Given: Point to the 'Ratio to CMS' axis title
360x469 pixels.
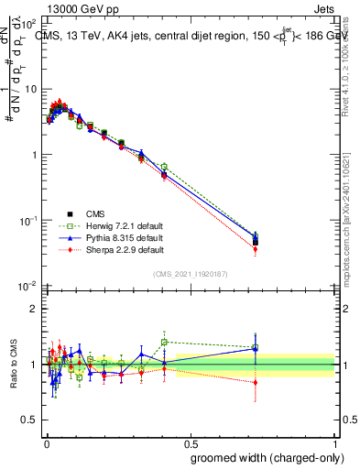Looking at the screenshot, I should [13, 366].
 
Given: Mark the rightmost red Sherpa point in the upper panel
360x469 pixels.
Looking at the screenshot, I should [256, 249].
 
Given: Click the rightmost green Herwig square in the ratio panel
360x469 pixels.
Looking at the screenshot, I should [256, 348].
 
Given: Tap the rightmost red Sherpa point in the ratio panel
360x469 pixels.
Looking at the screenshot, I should [256, 382].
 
